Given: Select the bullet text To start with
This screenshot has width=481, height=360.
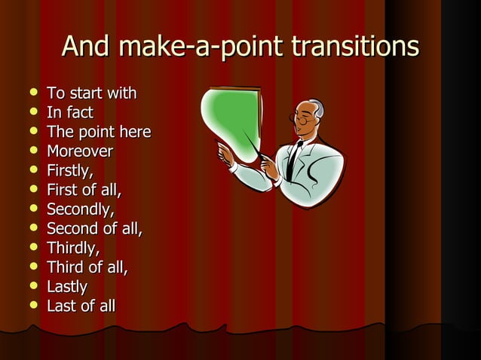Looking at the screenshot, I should [x=91, y=93].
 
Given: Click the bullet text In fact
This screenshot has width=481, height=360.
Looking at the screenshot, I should [x=70, y=113].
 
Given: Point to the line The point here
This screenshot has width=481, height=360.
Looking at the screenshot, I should [x=99, y=132].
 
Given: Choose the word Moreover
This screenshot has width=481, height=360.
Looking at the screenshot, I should [x=80, y=151].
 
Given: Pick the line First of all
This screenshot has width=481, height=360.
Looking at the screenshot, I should [x=84, y=190].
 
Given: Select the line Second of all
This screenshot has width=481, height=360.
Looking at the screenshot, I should [x=94, y=228].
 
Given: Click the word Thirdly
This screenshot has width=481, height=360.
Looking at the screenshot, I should [x=73, y=248].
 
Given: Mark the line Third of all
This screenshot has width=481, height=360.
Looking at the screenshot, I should [x=87, y=267].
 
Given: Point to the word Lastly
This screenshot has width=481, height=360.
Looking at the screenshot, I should [x=67, y=287].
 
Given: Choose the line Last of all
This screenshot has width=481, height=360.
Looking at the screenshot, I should [x=81, y=306].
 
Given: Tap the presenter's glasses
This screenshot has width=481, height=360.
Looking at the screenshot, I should [x=304, y=118].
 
